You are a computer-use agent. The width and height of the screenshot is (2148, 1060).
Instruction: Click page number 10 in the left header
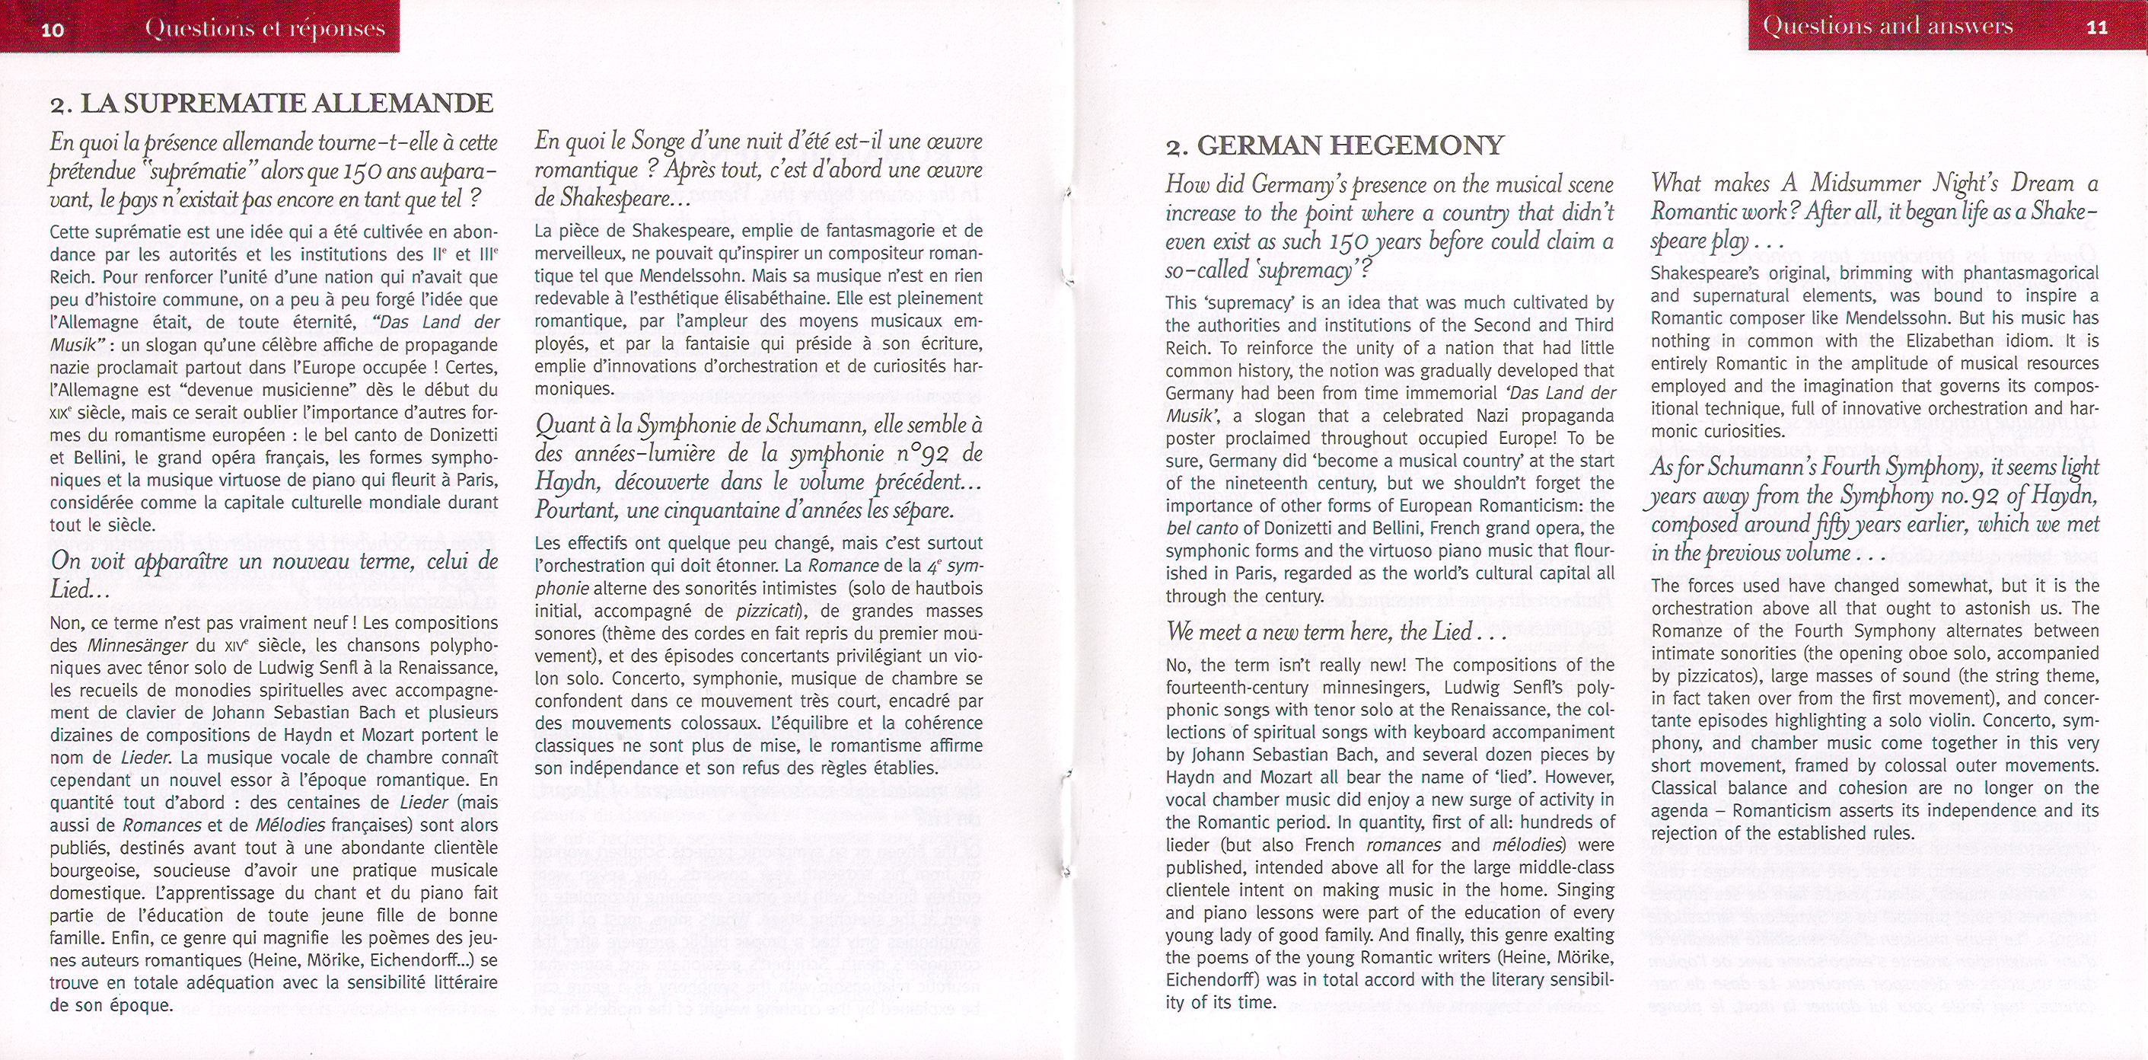[x=53, y=30]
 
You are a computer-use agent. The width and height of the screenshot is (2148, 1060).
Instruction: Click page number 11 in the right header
[x=2096, y=27]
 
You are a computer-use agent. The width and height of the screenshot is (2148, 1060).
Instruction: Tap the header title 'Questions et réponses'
[x=264, y=28]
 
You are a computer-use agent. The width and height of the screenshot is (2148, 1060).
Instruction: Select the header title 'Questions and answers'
[x=1887, y=26]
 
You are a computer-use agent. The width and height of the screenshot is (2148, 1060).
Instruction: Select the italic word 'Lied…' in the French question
[x=80, y=590]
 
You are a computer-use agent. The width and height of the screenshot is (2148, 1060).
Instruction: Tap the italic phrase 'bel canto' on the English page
[x=1200, y=528]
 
